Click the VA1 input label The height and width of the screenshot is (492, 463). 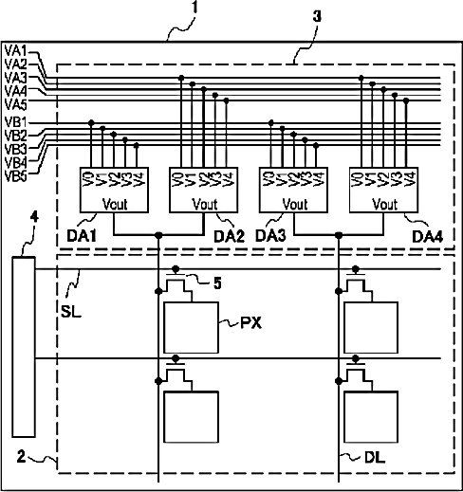[x=16, y=51]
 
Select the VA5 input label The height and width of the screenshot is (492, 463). [x=16, y=104]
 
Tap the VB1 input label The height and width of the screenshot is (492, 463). [x=16, y=122]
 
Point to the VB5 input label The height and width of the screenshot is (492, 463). [x=16, y=175]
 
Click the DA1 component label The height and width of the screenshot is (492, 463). [x=82, y=236]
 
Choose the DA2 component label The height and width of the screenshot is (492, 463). [x=229, y=236]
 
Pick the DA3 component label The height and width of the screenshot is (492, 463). [x=270, y=236]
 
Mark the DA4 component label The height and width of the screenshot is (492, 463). [x=428, y=236]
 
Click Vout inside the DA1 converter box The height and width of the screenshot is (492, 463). [x=115, y=204]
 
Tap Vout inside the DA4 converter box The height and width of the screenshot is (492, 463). [x=384, y=204]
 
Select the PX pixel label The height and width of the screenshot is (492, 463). [x=251, y=323]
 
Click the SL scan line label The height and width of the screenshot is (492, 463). [x=71, y=312]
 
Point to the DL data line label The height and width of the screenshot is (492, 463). [x=375, y=457]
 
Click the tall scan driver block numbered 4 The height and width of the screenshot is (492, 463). [x=24, y=347]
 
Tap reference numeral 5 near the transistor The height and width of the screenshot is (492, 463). [x=217, y=282]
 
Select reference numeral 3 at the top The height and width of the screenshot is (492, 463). [x=317, y=16]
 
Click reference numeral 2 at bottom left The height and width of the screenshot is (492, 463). [x=21, y=457]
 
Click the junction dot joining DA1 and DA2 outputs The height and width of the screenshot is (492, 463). [x=158, y=235]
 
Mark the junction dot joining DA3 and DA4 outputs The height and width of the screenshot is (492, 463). [x=339, y=235]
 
